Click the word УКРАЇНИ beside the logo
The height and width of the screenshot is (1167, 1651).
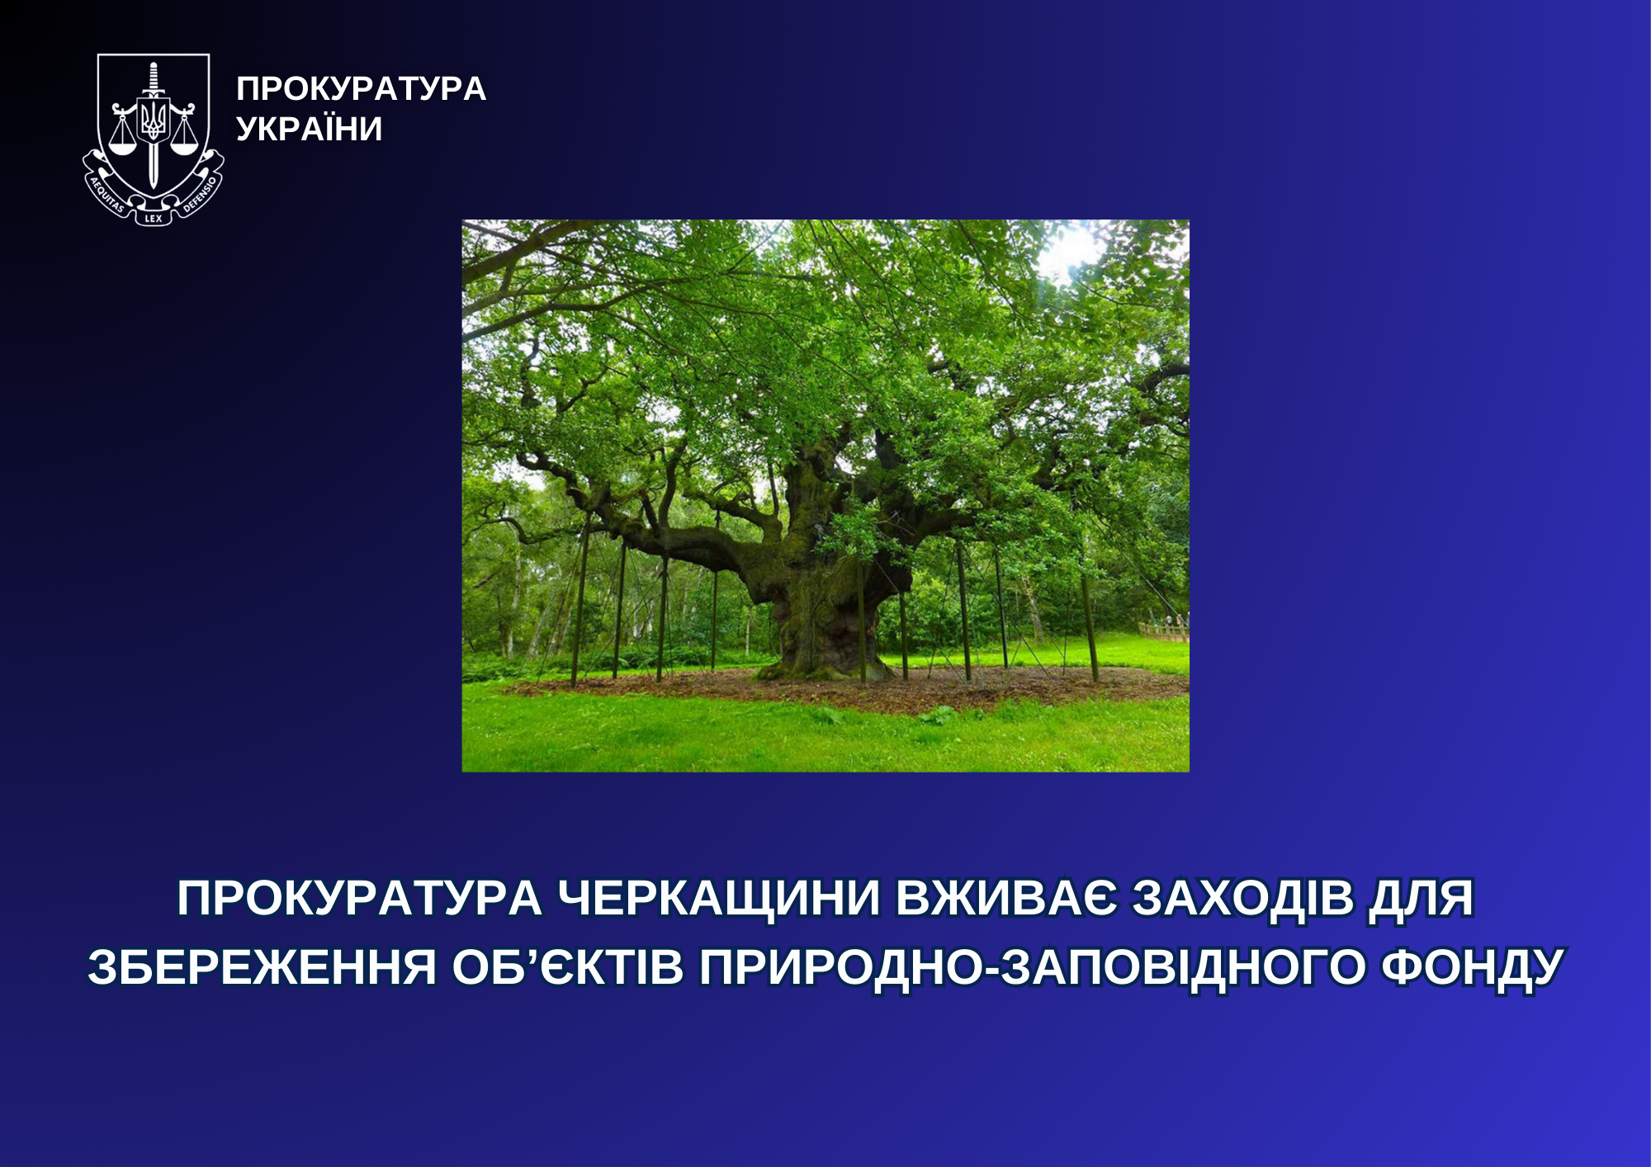(310, 129)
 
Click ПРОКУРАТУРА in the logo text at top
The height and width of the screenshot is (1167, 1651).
(362, 89)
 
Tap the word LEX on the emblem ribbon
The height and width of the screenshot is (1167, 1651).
(154, 219)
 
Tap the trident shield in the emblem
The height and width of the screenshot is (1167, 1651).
(153, 121)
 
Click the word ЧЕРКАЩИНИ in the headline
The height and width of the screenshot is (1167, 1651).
(718, 899)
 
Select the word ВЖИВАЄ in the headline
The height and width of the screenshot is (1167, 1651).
(1005, 898)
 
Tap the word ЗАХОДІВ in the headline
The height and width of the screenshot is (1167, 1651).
(1242, 898)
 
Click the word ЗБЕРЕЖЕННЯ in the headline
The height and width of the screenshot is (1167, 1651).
(262, 967)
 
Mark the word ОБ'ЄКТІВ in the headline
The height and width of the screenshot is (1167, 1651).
(568, 967)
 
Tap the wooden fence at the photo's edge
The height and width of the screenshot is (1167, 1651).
(1164, 631)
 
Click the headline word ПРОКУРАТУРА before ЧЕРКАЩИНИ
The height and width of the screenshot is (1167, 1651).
(359, 899)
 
